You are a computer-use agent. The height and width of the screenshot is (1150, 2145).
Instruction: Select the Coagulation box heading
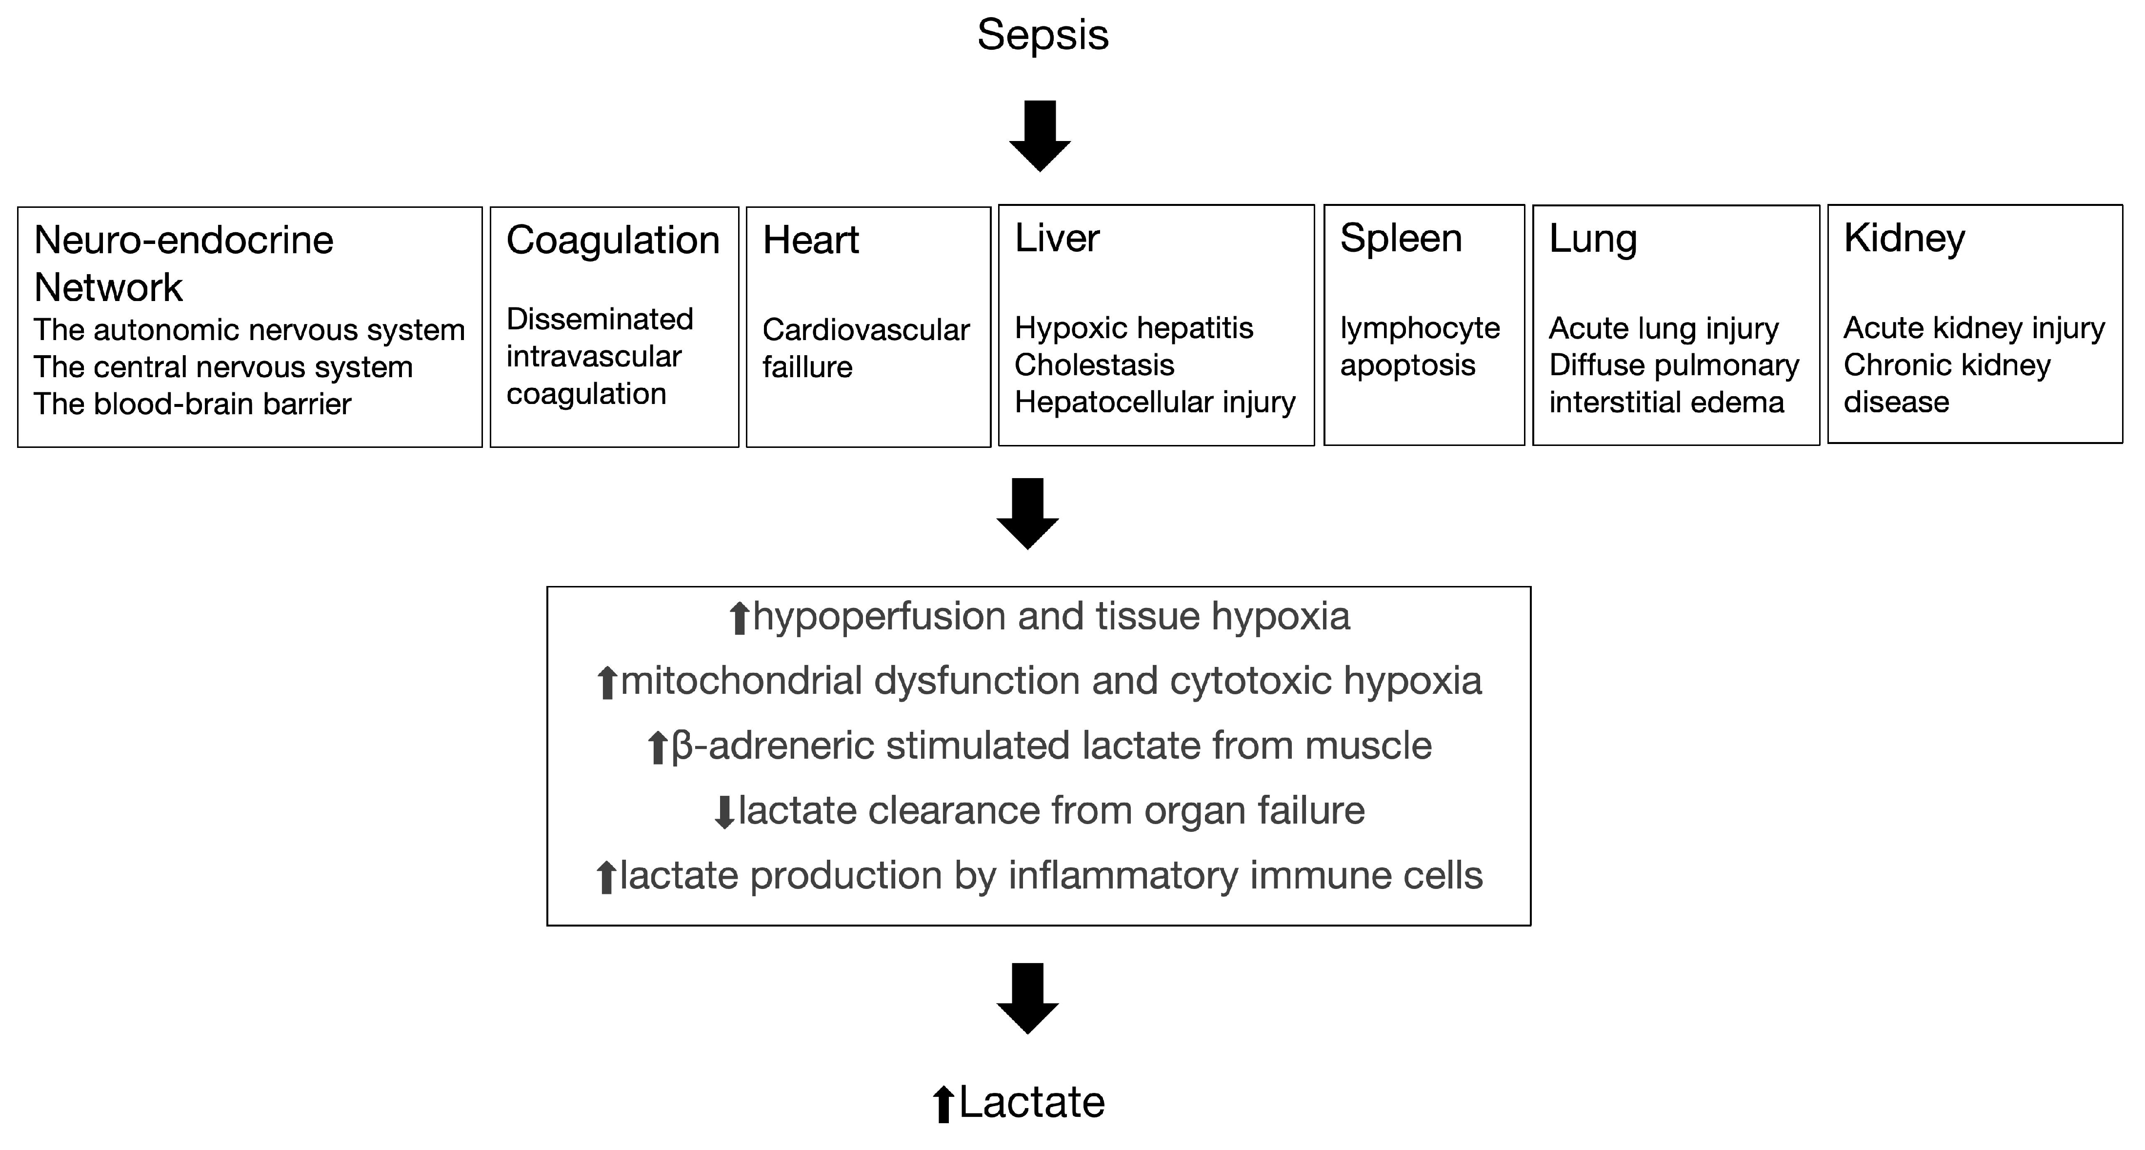click(x=612, y=241)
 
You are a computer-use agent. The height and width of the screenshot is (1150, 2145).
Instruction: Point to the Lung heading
click(x=1592, y=239)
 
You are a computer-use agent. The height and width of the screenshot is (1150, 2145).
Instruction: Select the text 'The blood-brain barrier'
click(x=192, y=404)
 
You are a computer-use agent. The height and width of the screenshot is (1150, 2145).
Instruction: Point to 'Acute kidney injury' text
click(x=1973, y=328)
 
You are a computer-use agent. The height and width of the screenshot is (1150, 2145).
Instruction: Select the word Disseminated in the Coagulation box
click(x=600, y=319)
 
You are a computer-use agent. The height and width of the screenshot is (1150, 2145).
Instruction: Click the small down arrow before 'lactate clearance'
click(x=724, y=812)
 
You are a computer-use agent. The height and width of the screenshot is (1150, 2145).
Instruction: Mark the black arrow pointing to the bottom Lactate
click(x=1027, y=998)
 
